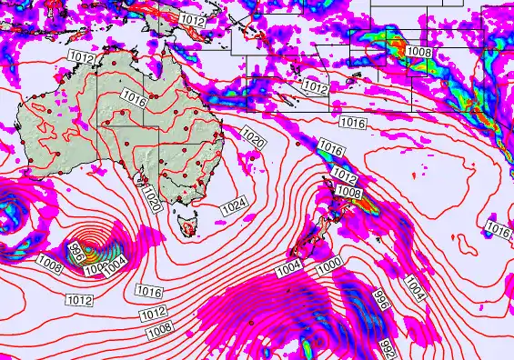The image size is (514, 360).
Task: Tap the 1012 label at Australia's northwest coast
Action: pos(80,57)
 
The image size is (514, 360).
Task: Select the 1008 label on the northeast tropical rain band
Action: pos(419,52)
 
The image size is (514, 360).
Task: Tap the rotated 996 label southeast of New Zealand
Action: pos(381,302)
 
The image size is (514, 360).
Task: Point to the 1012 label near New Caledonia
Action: pos(315,87)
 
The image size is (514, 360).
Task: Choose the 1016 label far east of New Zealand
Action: pos(499,228)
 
